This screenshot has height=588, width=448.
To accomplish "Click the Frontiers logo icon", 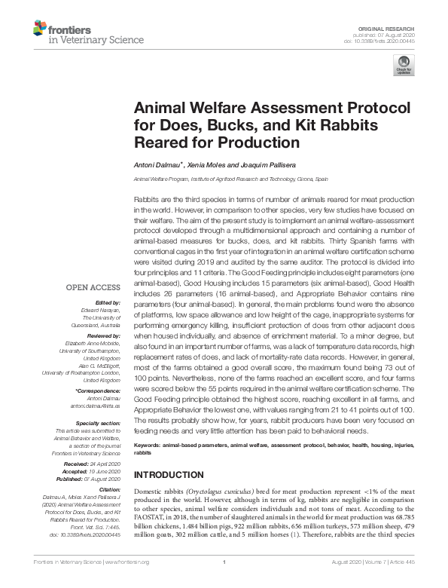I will click(x=39, y=29).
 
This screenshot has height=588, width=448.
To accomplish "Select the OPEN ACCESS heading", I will click(x=93, y=287).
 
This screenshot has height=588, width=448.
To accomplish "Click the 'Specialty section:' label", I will click(x=98, y=424).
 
